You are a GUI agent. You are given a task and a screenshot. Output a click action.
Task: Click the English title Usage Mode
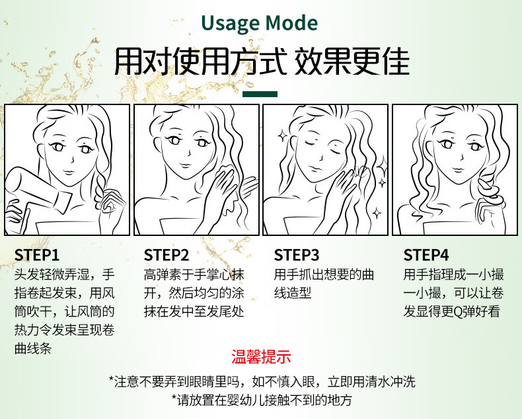click(259, 23)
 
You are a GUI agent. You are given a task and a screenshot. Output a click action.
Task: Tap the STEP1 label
click(37, 255)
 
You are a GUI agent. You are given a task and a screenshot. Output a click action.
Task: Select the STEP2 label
click(167, 255)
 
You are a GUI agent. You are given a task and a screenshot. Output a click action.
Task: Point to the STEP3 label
click(297, 255)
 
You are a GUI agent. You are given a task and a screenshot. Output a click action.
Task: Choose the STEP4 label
click(426, 255)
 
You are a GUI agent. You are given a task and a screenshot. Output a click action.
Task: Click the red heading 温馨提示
click(262, 356)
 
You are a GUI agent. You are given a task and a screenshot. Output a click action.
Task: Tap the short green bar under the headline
click(260, 94)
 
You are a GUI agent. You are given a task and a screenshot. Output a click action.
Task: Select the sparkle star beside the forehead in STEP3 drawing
click(283, 135)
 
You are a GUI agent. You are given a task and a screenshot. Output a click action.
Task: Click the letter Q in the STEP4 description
click(458, 312)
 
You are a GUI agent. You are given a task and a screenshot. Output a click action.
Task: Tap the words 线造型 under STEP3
click(293, 293)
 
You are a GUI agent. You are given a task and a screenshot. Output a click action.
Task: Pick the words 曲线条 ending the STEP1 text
click(33, 348)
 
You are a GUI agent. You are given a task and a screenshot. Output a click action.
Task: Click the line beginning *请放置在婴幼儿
click(262, 400)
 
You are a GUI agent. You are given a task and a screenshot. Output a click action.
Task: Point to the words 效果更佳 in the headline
click(352, 62)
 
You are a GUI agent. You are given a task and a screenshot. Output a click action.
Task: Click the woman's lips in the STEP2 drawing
click(185, 165)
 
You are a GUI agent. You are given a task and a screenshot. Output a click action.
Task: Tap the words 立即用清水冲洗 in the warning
click(371, 382)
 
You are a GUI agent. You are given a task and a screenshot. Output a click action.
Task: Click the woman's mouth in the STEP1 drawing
click(69, 172)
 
